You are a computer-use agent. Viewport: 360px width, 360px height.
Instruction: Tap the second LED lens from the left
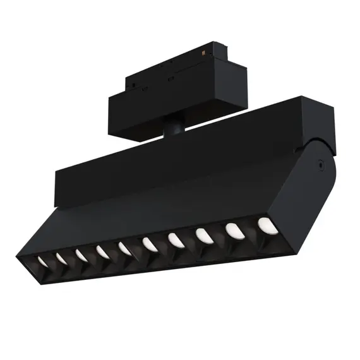click(62, 257)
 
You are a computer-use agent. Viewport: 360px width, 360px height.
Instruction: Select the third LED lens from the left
click(81, 255)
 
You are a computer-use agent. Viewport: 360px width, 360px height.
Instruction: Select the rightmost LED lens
click(264, 224)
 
